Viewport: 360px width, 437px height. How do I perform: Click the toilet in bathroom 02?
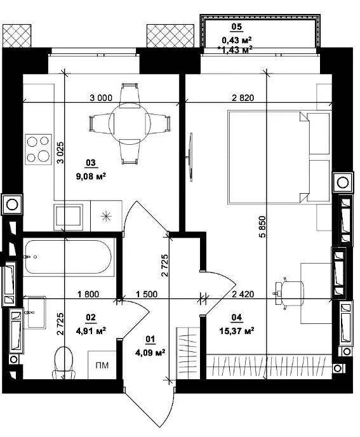[63, 363]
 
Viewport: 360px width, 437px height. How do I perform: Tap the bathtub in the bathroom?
[69, 257]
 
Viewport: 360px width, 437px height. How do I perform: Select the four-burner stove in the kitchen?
[39, 149]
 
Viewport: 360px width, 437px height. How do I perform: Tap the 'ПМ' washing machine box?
[102, 365]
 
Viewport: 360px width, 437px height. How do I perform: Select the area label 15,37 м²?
[237, 331]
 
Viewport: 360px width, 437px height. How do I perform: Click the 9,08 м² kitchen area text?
[91, 176]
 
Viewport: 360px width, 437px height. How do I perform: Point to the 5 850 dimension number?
[262, 227]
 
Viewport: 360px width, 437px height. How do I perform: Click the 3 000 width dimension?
[101, 98]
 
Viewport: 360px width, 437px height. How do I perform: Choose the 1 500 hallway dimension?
[147, 294]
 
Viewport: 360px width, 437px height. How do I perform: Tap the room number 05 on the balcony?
[237, 27]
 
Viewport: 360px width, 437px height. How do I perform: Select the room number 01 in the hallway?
[150, 339]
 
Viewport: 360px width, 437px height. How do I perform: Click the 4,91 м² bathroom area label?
[91, 331]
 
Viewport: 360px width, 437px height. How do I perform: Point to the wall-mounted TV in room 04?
[190, 157]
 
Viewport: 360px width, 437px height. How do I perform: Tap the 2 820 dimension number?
[243, 98]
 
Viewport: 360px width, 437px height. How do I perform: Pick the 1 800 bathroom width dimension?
[88, 294]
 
